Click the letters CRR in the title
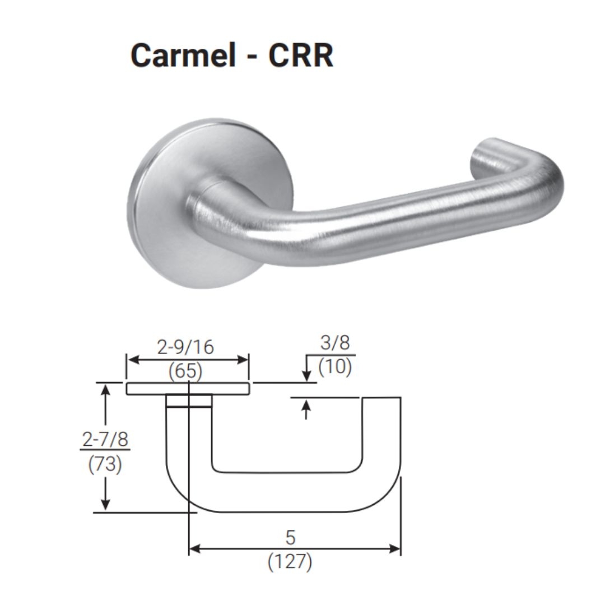coord(301,55)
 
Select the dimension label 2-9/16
coord(185,347)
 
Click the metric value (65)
coord(185,370)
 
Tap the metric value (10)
coord(335,367)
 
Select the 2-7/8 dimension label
coord(105,440)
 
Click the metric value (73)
coord(105,464)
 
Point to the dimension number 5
coord(290,538)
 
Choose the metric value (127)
coord(290,562)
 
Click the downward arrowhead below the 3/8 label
coord(306,375)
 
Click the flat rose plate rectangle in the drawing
coord(187,389)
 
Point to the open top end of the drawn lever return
coord(381,398)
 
